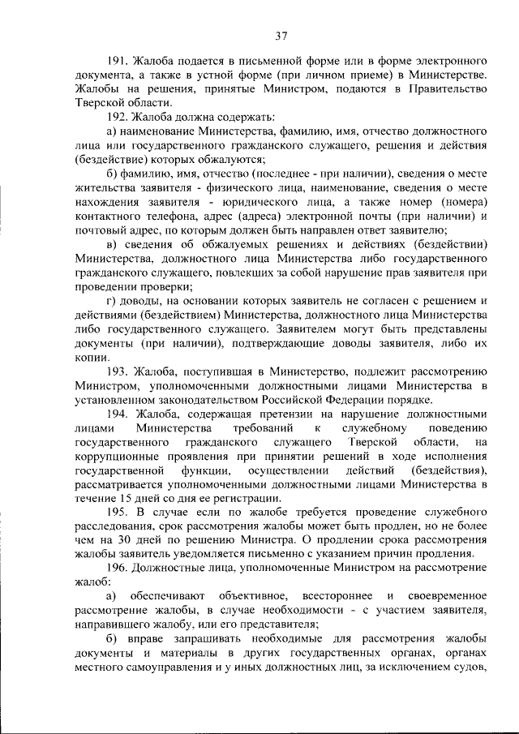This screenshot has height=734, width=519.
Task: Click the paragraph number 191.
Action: [x=118, y=61]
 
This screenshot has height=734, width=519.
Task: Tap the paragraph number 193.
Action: [x=118, y=371]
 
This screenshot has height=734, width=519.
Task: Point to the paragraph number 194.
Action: [x=118, y=414]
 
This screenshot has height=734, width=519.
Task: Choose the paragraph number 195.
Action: [x=118, y=513]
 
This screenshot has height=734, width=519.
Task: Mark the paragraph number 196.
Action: [x=118, y=569]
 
